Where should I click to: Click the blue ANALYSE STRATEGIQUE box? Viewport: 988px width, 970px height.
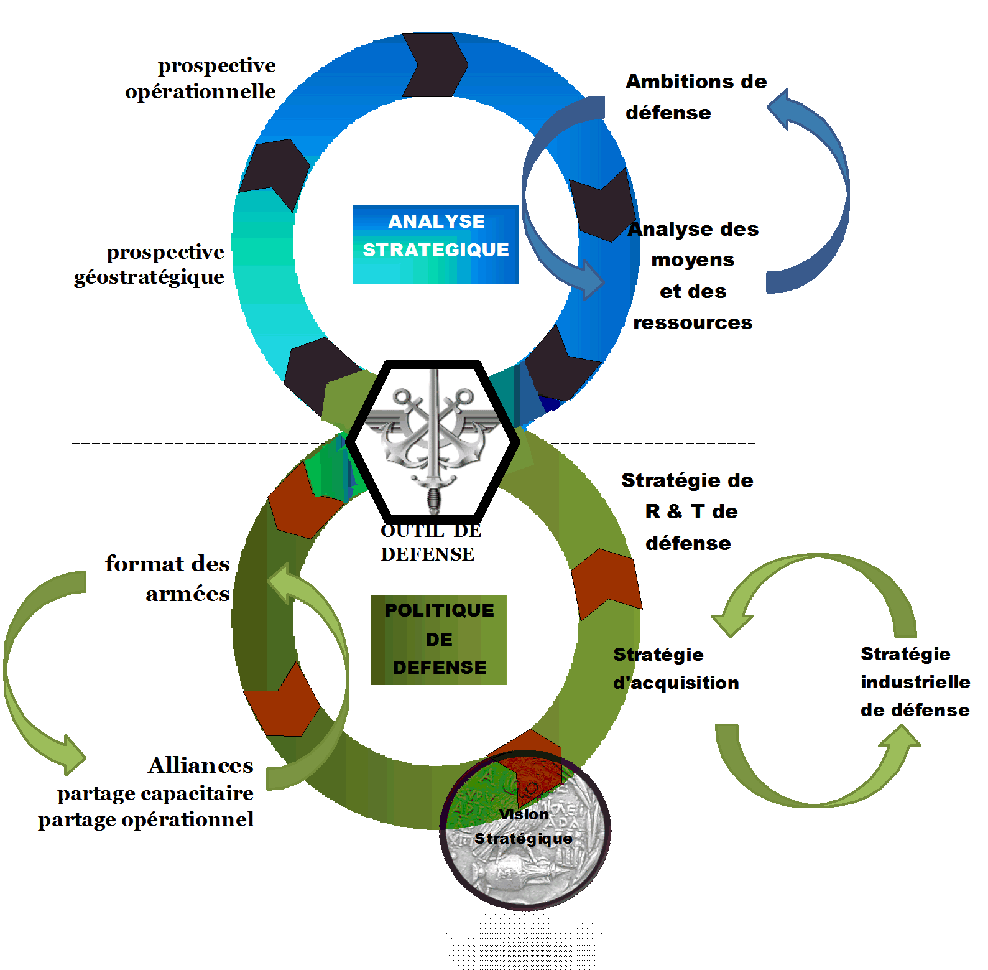[x=435, y=245]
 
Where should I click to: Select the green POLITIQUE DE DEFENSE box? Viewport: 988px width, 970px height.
[x=438, y=640]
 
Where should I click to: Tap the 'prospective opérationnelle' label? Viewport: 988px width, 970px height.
[x=201, y=78]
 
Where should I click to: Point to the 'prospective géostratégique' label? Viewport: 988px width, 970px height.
[x=150, y=264]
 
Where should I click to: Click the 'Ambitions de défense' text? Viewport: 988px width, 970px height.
[x=695, y=97]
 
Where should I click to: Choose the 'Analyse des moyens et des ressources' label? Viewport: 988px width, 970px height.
[x=693, y=276]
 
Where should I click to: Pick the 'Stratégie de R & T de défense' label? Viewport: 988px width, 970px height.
[x=688, y=511]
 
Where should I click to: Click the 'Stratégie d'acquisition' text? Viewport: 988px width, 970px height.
[x=676, y=669]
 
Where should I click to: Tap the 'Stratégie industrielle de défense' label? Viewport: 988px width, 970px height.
[x=915, y=682]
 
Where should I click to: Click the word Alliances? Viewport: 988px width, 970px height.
[x=201, y=765]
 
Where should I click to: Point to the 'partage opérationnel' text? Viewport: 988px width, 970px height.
[x=146, y=819]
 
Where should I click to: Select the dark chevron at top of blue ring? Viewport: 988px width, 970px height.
[x=435, y=65]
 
